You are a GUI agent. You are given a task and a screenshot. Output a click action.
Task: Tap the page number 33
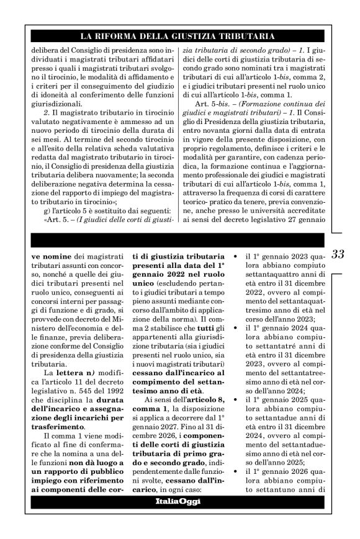tap(338, 254)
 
